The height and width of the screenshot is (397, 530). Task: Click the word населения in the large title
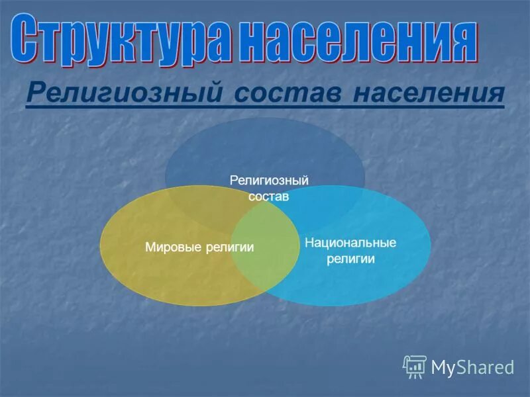(358, 40)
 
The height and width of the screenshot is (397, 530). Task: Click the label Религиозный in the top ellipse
(270, 180)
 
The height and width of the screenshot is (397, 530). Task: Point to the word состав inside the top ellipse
(269, 196)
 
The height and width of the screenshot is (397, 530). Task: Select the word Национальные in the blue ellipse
(350, 243)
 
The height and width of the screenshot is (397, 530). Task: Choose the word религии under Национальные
(350, 259)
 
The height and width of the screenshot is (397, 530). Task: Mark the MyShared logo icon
(415, 366)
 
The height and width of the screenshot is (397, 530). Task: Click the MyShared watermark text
(472, 367)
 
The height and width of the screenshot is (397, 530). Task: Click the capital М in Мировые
(149, 247)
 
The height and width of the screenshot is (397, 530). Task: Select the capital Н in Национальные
(309, 243)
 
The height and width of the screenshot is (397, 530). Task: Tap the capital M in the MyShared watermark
(439, 367)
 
